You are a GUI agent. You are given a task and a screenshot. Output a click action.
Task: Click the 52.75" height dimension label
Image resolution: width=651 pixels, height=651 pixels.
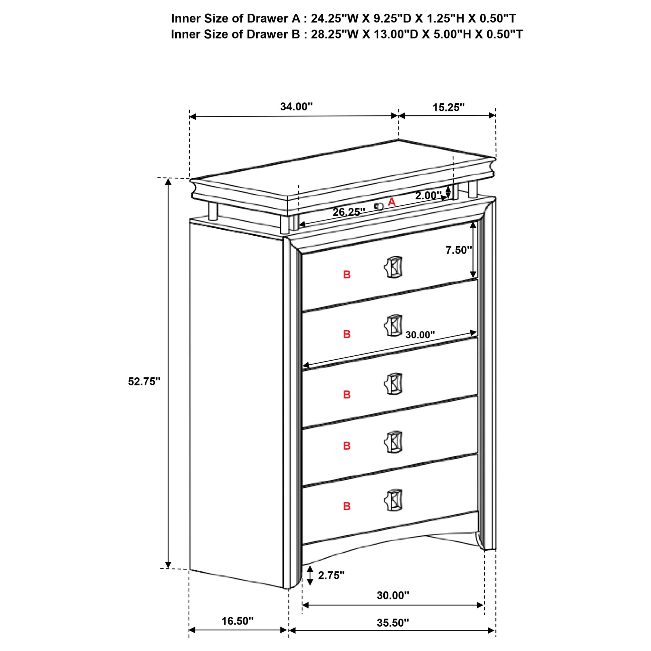[144, 381]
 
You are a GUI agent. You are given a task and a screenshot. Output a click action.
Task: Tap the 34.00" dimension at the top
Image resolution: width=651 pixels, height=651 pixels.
[296, 106]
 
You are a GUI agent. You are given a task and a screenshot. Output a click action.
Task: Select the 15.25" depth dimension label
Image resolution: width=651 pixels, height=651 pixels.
[449, 107]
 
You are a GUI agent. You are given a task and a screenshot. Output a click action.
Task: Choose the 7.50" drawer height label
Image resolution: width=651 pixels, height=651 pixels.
[459, 250]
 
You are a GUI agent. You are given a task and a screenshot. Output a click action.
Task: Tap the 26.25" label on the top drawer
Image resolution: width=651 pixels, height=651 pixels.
[349, 212]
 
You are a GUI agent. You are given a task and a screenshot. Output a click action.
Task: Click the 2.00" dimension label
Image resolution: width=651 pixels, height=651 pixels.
[428, 195]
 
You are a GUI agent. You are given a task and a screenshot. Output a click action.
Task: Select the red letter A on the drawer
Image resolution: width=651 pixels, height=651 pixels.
[391, 202]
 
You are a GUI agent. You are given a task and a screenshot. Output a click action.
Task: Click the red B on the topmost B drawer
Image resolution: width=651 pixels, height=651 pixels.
[347, 275]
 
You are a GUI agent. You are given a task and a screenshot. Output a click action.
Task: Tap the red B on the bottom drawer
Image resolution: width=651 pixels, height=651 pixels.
[347, 506]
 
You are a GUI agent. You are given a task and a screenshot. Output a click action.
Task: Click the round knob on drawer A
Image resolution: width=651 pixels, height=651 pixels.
[379, 206]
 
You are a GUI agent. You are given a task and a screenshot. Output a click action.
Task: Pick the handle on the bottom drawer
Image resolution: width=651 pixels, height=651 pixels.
[393, 500]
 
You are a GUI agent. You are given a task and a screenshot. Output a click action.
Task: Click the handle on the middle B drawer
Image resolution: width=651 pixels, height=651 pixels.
[393, 384]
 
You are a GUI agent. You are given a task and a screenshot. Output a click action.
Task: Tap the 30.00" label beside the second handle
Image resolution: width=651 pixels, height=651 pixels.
[420, 335]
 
